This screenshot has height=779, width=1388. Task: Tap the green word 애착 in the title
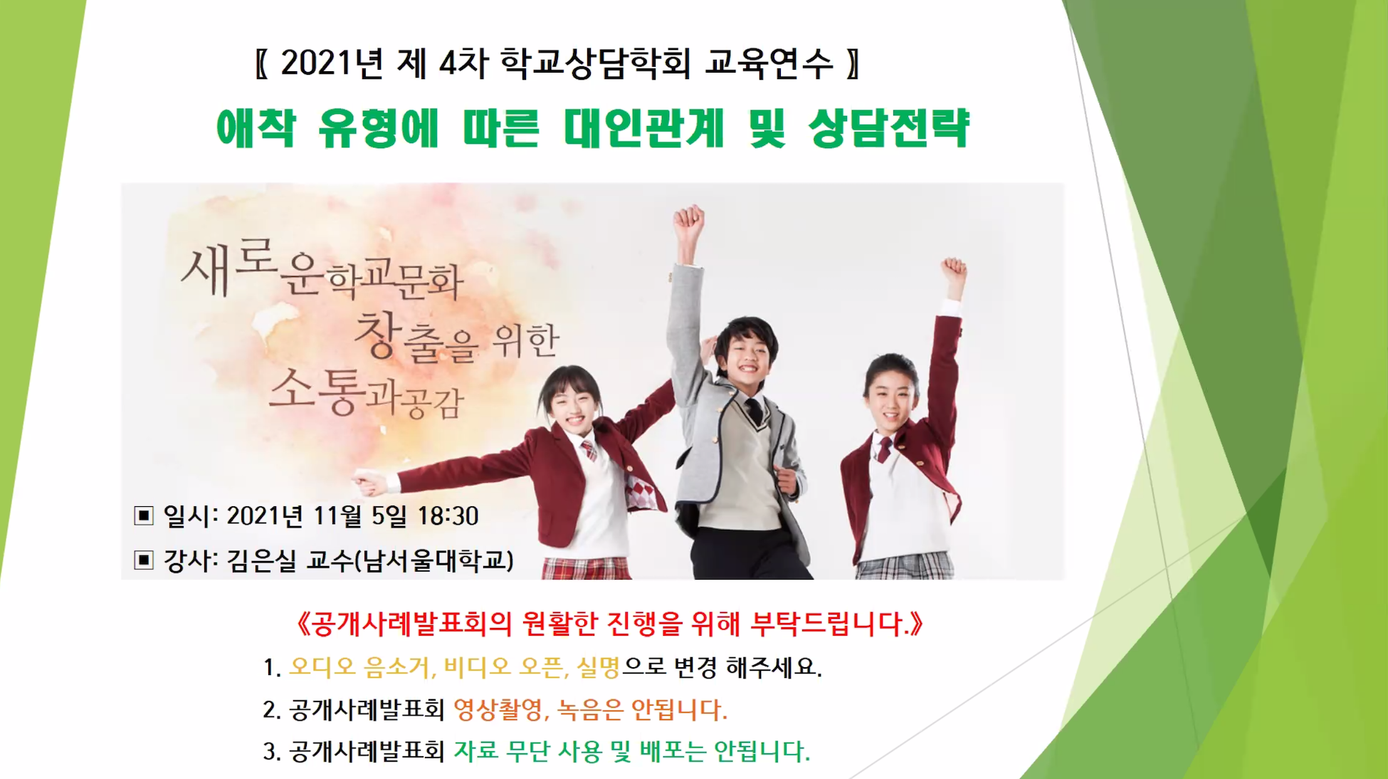(x=256, y=128)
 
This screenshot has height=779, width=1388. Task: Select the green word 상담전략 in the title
(x=889, y=128)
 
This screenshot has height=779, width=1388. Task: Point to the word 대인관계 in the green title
(x=644, y=128)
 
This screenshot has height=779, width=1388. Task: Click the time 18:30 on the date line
(x=448, y=516)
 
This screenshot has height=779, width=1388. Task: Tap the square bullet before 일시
(x=144, y=515)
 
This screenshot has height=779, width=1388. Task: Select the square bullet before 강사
(x=144, y=560)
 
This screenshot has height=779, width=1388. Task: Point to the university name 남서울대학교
(x=434, y=560)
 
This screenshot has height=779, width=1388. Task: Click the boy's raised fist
(x=688, y=221)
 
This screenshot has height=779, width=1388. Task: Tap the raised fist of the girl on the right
(x=954, y=271)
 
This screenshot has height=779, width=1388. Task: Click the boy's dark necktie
(x=755, y=412)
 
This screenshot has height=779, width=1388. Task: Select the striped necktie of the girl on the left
(x=589, y=451)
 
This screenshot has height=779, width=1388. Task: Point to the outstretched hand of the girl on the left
(x=372, y=482)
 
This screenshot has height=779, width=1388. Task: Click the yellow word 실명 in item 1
(x=599, y=667)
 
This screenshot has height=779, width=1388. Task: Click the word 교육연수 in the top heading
(x=769, y=63)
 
